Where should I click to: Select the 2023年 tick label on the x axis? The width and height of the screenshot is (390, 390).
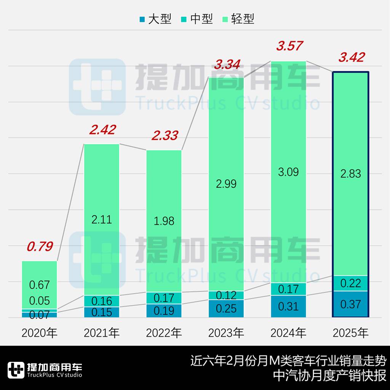[226, 333]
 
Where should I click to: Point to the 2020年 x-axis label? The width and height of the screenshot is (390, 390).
[39, 333]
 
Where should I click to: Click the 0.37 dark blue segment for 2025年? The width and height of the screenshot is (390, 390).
[351, 304]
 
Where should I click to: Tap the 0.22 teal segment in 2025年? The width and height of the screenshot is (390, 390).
[351, 283]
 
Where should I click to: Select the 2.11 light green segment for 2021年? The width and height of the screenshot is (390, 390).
[102, 219]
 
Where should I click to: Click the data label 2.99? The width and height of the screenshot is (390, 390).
[226, 184]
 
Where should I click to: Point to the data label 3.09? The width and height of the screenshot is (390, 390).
[288, 172]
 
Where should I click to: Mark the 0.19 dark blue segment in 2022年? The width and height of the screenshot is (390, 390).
[164, 311]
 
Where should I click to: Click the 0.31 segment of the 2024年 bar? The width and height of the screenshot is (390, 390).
[288, 306]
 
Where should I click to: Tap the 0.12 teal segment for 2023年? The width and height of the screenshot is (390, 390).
[226, 295]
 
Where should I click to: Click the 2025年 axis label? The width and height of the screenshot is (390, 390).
[351, 333]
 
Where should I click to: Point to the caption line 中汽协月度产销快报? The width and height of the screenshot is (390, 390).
[330, 375]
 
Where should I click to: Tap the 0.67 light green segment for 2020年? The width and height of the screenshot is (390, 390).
[40, 284]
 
